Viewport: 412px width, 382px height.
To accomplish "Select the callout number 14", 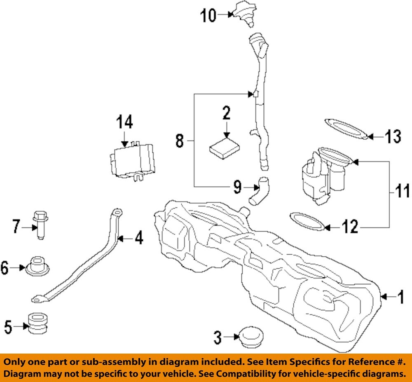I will tap(124, 122).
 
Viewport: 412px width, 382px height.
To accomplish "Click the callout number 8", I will tap(179, 141).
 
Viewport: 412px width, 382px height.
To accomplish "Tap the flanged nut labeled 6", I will tap(37, 267).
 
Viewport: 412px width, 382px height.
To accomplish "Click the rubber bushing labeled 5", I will tap(38, 323).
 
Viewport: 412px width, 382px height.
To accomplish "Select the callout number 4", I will tap(139, 238).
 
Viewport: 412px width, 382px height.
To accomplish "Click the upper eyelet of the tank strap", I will tap(117, 212).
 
